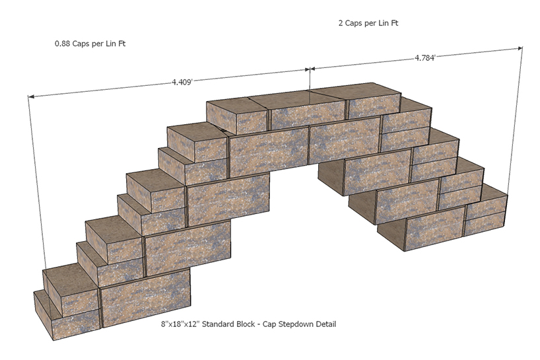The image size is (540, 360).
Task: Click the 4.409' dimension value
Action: point(182,82)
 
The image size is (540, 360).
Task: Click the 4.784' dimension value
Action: point(425,58)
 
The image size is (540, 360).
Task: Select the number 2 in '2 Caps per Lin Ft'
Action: point(341,23)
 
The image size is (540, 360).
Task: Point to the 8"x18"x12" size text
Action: point(180,324)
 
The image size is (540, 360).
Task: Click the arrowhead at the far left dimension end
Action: point(31,96)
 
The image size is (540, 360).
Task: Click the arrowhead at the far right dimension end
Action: point(520,48)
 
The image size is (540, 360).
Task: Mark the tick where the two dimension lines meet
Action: point(310,69)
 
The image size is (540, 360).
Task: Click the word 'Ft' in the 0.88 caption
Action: point(121,44)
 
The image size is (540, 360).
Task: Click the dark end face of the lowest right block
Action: point(391,234)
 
